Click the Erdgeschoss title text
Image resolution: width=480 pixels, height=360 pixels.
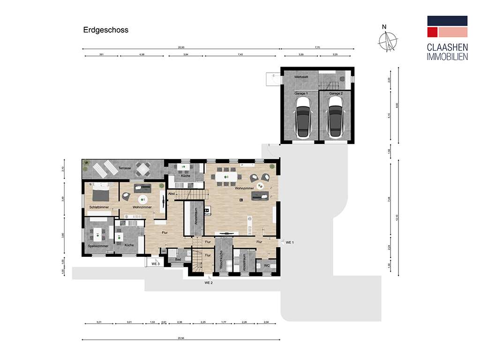(105, 30)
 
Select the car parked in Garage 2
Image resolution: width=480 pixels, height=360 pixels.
(335, 121)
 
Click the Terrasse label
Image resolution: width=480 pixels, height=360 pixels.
(125, 167)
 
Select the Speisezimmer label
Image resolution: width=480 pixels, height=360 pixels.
(98, 246)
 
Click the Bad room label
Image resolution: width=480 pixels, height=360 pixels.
(178, 259)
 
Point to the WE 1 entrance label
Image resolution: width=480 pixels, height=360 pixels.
(289, 242)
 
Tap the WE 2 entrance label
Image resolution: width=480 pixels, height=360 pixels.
(209, 283)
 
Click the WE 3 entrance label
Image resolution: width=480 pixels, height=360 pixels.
(156, 264)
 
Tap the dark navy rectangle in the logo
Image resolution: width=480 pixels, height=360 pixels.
(447, 21)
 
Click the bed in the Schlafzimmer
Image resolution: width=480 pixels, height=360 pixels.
(101, 193)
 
